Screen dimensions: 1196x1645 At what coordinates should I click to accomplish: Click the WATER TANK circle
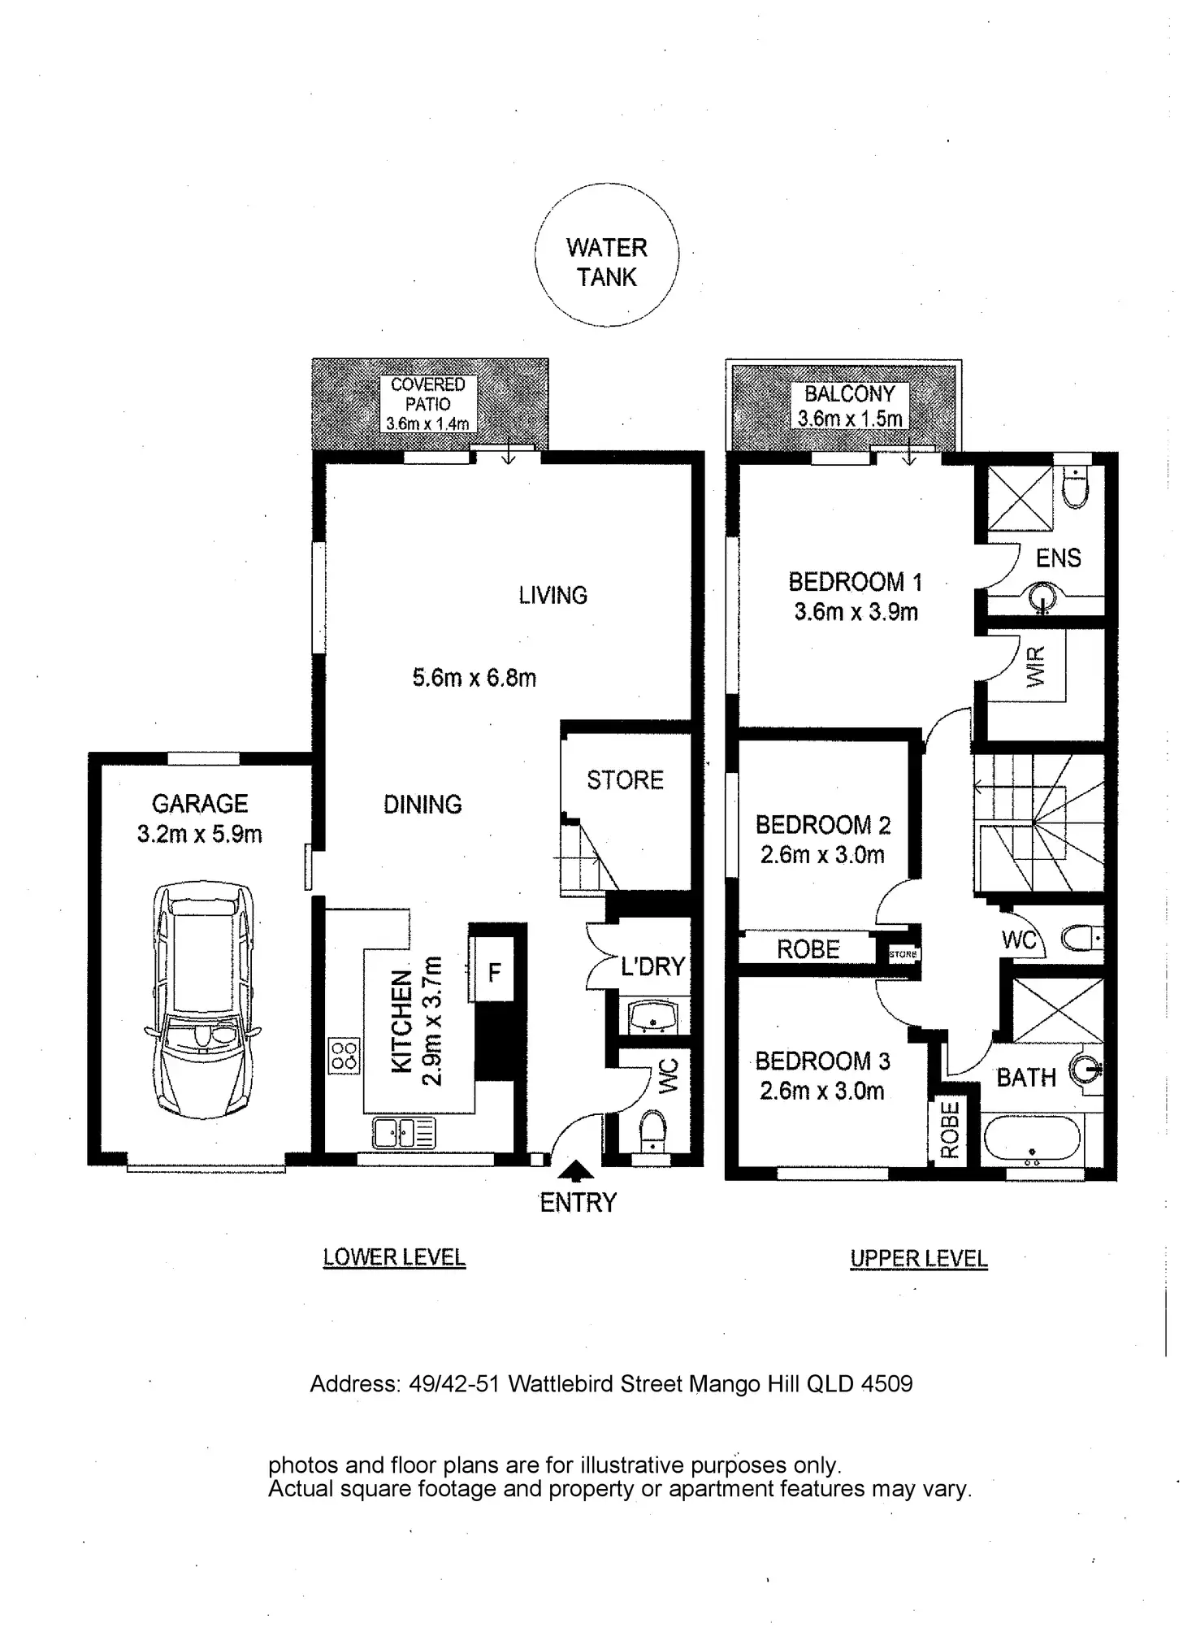pyautogui.click(x=606, y=254)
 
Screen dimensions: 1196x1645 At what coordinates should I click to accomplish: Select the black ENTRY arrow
pyautogui.click(x=577, y=1170)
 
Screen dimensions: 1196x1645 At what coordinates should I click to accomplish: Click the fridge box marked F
pyautogui.click(x=493, y=971)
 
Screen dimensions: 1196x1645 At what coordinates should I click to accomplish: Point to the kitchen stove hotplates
pyautogui.click(x=344, y=1055)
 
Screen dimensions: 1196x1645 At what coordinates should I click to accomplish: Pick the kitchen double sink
pyautogui.click(x=404, y=1132)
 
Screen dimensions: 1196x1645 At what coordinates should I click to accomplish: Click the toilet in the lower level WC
pyautogui.click(x=652, y=1131)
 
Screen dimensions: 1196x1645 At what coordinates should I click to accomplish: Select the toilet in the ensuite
pyautogui.click(x=1075, y=487)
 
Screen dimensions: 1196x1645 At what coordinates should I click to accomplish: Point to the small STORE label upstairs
pyautogui.click(x=903, y=954)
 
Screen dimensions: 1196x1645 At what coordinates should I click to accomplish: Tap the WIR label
pyautogui.click(x=1036, y=666)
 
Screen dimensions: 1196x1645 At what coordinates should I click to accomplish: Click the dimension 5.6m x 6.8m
pyautogui.click(x=474, y=678)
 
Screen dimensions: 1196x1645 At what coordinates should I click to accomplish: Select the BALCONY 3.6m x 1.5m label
pyautogui.click(x=849, y=406)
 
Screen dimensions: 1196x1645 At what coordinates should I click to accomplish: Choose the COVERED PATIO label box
pyautogui.click(x=427, y=403)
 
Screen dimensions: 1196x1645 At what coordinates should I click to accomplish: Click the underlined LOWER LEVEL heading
pyautogui.click(x=394, y=1257)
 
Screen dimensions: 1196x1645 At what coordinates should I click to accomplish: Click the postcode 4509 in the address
pyautogui.click(x=888, y=1384)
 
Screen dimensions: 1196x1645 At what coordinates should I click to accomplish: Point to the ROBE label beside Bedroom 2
pyautogui.click(x=808, y=949)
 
